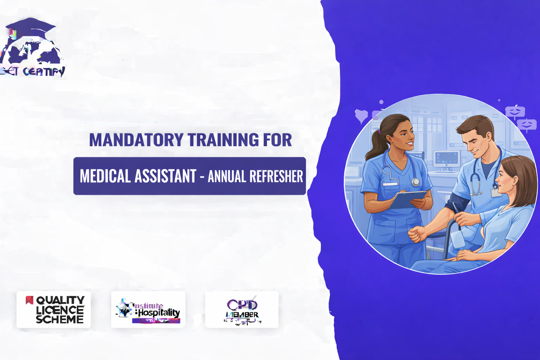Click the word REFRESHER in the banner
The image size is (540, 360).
tap(276, 176)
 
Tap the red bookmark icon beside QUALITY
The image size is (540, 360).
tap(30, 300)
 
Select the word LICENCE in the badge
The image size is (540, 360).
tap(60, 310)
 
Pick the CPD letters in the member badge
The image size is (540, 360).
tap(242, 304)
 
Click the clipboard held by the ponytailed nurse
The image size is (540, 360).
tap(407, 199)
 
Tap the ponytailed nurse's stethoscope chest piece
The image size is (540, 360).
tap(416, 182)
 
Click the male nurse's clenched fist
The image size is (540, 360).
tap(417, 234)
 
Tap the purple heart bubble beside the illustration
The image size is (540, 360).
tap(361, 116)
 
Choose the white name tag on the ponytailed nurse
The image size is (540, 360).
tap(390, 184)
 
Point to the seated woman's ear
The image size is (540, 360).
tap(515, 181)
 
